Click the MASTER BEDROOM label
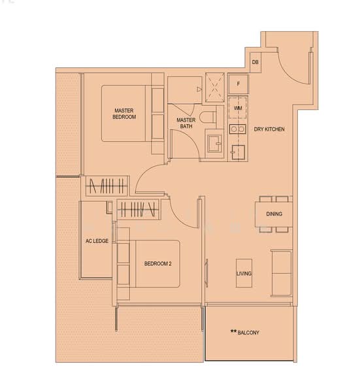124,114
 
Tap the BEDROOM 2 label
157,263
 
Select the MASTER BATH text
186,123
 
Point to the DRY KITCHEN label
269,129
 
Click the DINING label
274,214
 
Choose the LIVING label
244,274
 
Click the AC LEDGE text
97,241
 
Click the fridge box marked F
238,84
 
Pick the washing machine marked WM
238,107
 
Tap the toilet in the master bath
208,118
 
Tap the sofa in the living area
282,273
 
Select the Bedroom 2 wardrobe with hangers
137,209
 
